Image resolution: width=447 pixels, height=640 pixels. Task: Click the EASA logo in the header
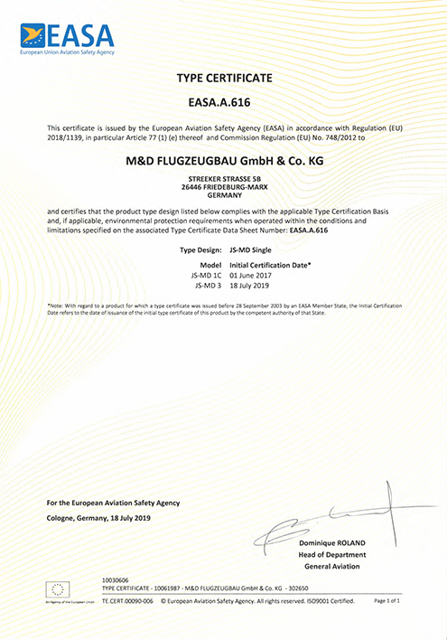(68, 38)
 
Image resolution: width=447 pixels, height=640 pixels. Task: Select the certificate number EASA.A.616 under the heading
(222, 104)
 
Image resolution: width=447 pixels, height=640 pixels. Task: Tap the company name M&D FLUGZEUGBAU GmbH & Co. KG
(222, 162)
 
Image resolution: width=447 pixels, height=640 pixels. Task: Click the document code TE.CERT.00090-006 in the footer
(129, 600)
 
